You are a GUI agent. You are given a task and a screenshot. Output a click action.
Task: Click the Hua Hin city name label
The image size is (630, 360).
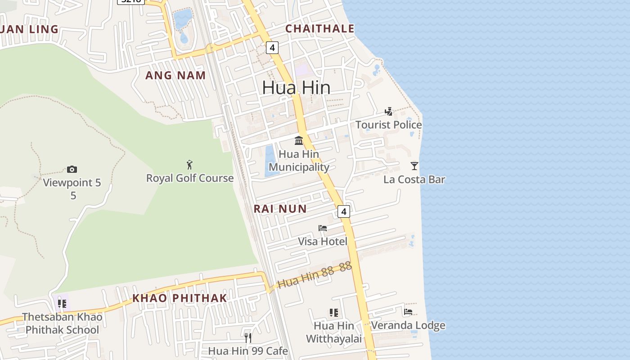296,87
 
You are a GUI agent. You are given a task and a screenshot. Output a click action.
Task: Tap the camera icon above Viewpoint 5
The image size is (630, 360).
72,169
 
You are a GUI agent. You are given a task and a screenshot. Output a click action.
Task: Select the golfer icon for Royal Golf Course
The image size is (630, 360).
189,165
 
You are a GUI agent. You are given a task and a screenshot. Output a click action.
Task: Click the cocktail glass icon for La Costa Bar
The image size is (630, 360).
414,166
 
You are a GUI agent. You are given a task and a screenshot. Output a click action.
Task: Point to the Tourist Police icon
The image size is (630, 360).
389,111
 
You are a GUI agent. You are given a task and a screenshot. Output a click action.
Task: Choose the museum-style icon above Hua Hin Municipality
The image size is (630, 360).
299,140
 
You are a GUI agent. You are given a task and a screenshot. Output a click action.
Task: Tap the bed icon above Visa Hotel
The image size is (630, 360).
323,228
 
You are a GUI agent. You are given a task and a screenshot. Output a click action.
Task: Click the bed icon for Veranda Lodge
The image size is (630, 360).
408,311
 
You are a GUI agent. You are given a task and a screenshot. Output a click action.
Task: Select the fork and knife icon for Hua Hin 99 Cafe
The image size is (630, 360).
248,337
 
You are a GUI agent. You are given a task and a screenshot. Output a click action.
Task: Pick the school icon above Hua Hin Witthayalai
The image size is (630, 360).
333,312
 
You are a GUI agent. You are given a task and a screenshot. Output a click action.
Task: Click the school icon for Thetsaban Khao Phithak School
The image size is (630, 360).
62,303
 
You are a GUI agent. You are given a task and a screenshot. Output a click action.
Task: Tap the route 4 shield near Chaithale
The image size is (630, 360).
272,47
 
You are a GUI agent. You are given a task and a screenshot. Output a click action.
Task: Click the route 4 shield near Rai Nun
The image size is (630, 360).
343,211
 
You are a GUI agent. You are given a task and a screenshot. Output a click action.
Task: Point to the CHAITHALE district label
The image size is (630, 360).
320,28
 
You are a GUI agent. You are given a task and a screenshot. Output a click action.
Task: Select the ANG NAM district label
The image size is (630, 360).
175,75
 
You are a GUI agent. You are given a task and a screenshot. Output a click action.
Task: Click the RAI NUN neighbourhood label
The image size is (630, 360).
280,209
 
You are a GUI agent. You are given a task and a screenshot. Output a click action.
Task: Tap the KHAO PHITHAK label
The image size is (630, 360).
180,298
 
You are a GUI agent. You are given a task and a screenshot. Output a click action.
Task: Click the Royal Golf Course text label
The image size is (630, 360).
190,178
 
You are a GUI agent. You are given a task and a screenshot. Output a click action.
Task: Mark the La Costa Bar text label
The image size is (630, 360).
414,180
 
